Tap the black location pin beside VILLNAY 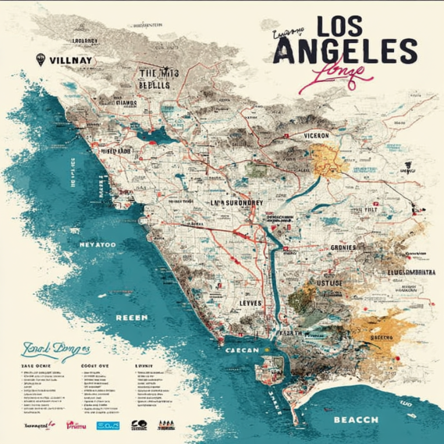click(x=41, y=59)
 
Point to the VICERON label click(x=311, y=134)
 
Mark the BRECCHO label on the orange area click(x=382, y=337)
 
